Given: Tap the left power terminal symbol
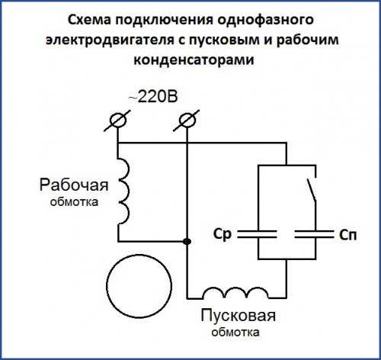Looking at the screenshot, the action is (x=117, y=121).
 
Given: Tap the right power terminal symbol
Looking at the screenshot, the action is (x=187, y=121).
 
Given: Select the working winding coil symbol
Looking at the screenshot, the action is (x=124, y=191).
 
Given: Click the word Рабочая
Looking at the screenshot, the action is (x=74, y=185).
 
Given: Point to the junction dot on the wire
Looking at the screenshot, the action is (x=187, y=241).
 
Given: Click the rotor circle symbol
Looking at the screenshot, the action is (x=139, y=286).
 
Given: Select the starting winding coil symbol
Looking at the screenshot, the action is (x=235, y=293).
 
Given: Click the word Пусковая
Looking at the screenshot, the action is (x=238, y=316).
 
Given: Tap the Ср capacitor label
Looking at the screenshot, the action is (x=223, y=234).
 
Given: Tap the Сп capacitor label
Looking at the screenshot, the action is (x=347, y=236).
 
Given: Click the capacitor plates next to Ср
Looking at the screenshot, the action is (x=257, y=234).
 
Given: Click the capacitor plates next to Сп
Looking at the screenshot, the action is (x=314, y=234).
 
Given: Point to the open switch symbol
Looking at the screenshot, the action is (x=312, y=191).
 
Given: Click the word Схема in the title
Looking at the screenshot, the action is (x=89, y=20).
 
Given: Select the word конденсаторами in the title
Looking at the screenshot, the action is (x=194, y=60).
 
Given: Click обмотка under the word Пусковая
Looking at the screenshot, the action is (x=235, y=333).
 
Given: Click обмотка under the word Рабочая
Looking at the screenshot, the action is (x=74, y=202).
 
